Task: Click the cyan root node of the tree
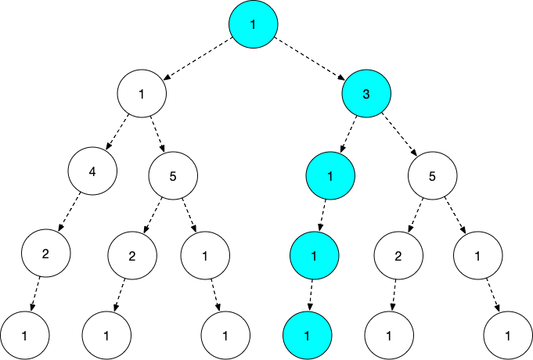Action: [x=254, y=24]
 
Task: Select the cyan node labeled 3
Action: [x=366, y=93]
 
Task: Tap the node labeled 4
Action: [x=92, y=171]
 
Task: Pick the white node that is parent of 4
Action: [x=142, y=93]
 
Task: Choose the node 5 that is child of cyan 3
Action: [x=432, y=175]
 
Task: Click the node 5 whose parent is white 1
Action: [x=173, y=175]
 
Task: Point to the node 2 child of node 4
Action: [x=46, y=254]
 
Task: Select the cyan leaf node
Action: [x=308, y=336]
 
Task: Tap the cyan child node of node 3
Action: [x=330, y=175]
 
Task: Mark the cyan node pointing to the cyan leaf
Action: [x=314, y=256]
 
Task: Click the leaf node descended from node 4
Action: [x=24, y=336]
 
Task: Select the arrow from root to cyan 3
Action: [x=311, y=59]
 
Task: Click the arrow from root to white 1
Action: [x=198, y=59]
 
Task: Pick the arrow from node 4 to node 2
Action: [x=69, y=211]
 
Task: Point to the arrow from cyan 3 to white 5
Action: [x=400, y=133]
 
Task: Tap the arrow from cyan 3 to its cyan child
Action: [x=348, y=133]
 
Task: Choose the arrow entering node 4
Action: [x=117, y=132]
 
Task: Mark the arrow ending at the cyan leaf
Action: [x=311, y=295]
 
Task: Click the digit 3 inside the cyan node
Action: [x=366, y=94]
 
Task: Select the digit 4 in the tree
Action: [x=92, y=171]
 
